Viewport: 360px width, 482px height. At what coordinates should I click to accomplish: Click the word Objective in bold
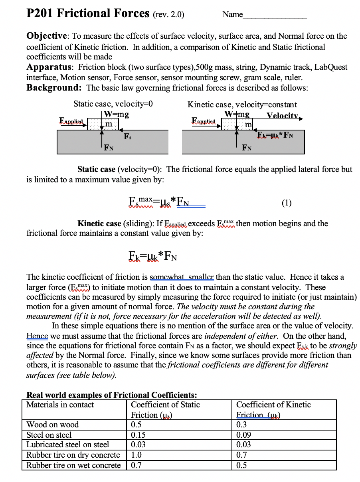coord(46,36)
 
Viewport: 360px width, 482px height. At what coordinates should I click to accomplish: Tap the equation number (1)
coord(286,203)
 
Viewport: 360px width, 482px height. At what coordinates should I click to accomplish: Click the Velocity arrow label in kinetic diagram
coord(283,116)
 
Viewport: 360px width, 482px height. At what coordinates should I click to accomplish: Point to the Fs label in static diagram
coord(127,136)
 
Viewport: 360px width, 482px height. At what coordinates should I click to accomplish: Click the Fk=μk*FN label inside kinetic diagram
coord(275,134)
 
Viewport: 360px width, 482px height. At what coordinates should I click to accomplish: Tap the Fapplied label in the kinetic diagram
coord(204,120)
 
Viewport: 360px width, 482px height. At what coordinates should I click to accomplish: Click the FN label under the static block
coord(109,148)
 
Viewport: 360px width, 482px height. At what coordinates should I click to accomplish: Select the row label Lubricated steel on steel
coord(67,444)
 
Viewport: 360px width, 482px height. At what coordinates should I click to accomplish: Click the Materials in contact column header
coord(60,405)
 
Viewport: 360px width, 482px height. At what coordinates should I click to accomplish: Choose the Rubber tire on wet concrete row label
coord(73,465)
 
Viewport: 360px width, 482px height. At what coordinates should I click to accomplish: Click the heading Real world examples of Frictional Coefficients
coord(111,395)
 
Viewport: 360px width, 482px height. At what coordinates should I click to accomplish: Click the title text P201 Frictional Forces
coord(88,14)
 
